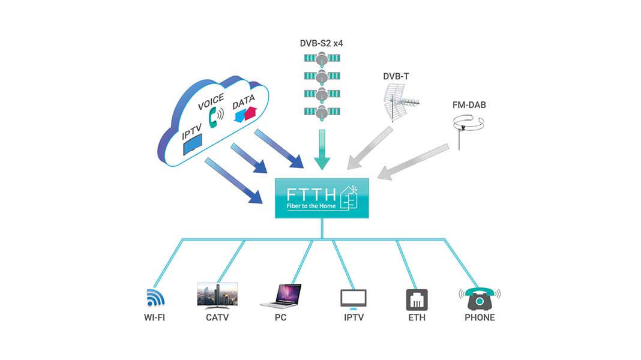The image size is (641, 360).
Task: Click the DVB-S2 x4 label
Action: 321,43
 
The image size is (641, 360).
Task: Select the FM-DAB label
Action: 469,105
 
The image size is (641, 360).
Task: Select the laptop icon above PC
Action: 280,294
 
